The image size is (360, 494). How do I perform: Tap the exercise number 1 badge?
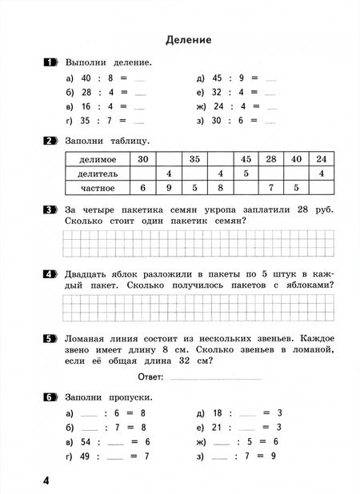click(x=50, y=62)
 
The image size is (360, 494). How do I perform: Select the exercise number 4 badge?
click(x=50, y=272)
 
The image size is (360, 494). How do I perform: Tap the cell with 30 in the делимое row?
click(x=143, y=159)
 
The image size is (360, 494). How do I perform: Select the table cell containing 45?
click(x=246, y=159)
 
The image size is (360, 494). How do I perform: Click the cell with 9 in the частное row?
click(x=170, y=188)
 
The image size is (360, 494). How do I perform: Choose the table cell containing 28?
click(x=271, y=159)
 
